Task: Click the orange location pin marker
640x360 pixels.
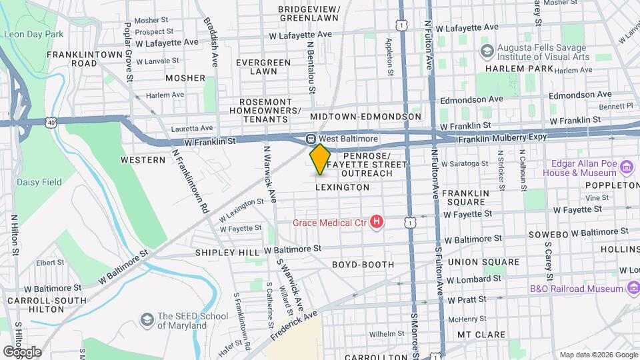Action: (x=320, y=159)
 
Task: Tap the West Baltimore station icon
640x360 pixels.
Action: (x=310, y=139)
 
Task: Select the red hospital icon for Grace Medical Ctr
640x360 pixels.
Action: (x=377, y=221)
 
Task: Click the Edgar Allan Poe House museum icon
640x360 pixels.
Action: (x=626, y=167)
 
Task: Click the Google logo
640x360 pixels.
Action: (x=22, y=351)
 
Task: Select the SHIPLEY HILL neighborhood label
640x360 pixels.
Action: (x=227, y=253)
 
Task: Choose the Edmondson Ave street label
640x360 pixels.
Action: (x=476, y=99)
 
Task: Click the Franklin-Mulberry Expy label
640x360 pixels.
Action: (x=503, y=137)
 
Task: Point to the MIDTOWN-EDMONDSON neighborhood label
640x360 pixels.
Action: (x=365, y=117)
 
